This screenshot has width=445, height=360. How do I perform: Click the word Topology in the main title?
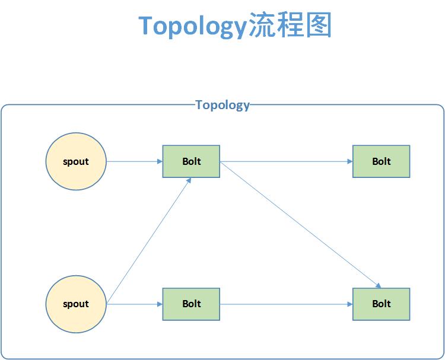click(x=192, y=26)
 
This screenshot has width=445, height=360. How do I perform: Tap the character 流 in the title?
click(x=262, y=26)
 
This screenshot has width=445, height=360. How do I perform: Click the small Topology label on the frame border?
click(x=223, y=105)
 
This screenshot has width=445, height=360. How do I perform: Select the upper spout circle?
click(x=76, y=161)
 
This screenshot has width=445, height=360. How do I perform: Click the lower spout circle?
click(x=76, y=304)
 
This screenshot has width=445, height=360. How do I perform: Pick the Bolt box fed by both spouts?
click(x=191, y=161)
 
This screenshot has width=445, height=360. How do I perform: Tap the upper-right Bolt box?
click(x=381, y=161)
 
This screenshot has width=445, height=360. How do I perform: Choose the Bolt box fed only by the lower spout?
click(x=191, y=304)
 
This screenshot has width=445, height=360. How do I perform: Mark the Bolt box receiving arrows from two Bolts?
click(x=381, y=304)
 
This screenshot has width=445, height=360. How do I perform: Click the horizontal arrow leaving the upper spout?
click(x=134, y=161)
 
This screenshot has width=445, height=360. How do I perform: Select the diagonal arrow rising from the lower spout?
click(x=148, y=240)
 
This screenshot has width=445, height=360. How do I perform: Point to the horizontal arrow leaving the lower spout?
click(x=134, y=304)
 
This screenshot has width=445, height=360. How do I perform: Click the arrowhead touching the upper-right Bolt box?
click(x=349, y=161)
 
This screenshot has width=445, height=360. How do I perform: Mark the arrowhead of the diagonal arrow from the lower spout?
click(x=189, y=180)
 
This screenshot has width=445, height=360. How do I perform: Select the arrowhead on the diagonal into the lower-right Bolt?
click(x=377, y=285)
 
